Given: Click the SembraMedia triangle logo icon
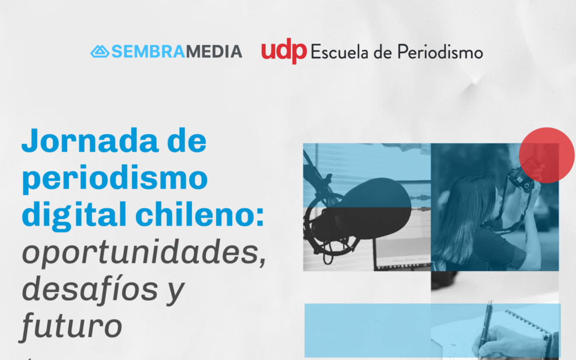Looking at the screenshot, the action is click(x=100, y=51).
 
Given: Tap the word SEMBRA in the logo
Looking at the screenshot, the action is click(x=148, y=51).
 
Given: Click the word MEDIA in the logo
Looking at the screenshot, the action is click(x=214, y=51).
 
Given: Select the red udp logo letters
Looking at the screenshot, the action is click(x=284, y=51).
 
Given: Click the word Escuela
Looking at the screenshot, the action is click(x=339, y=52).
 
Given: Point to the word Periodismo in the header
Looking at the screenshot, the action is click(x=440, y=52).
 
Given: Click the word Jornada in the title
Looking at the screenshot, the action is click(x=90, y=141).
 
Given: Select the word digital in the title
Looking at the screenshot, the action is click(x=74, y=215).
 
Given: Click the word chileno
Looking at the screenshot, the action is click(x=199, y=214).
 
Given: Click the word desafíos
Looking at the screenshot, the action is click(x=90, y=289).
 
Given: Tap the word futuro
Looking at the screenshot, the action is click(x=71, y=325).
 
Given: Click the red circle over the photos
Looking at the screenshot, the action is click(x=547, y=155).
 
